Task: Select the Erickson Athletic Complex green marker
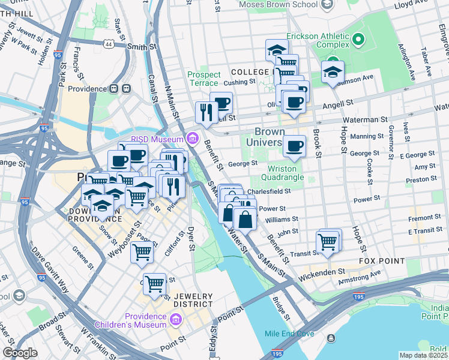(358, 40)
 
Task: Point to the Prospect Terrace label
(204, 79)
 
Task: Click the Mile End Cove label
(289, 333)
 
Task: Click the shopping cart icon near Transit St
(327, 242)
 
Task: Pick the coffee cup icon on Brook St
(294, 146)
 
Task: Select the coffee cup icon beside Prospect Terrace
(221, 102)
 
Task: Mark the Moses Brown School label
(277, 5)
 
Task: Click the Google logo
(20, 353)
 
